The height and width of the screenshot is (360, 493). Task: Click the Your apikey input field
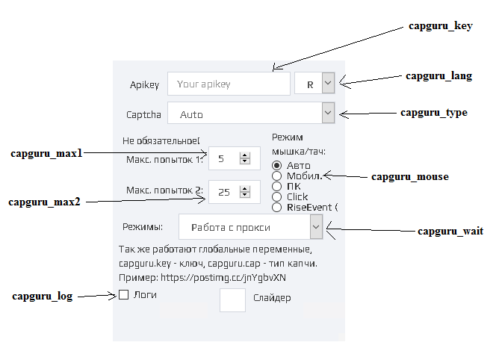[229, 84]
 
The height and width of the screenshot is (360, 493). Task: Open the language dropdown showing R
[328, 84]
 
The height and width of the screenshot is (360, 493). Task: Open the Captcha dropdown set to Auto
[328, 113]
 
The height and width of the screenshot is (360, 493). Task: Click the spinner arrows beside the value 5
[244, 158]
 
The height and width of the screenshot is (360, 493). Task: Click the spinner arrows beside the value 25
[244, 191]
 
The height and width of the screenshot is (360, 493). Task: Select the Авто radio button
[276, 165]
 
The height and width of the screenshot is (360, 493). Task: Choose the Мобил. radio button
[276, 176]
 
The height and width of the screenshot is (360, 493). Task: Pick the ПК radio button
[276, 186]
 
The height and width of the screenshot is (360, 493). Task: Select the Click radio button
[276, 197]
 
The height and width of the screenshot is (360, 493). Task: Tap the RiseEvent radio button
[276, 208]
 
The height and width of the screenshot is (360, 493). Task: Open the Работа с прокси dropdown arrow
[316, 227]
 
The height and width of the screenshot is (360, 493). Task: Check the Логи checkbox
[123, 294]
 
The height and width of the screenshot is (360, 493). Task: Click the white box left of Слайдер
[232, 300]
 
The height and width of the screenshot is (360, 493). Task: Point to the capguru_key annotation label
[441, 26]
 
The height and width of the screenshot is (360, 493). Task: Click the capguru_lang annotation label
[439, 75]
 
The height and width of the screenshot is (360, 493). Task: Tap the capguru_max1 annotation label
[46, 153]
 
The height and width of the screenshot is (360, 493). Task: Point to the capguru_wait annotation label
[450, 231]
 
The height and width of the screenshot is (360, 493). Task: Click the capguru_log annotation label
[43, 297]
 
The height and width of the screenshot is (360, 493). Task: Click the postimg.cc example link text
[223, 278]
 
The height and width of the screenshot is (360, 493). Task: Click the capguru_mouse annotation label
[410, 176]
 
